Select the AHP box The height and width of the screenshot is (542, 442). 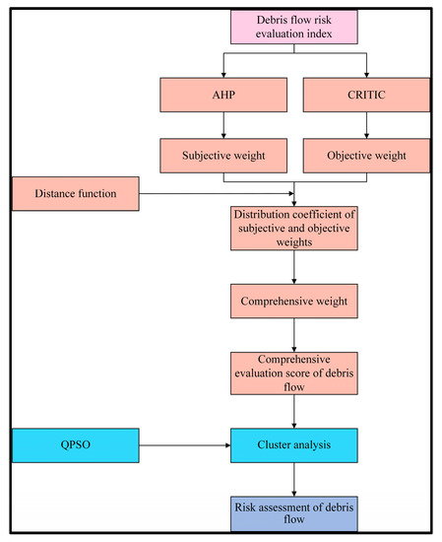pyautogui.click(x=225, y=96)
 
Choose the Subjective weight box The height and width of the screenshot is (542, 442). pyautogui.click(x=225, y=155)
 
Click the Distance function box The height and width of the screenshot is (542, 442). pyautogui.click(x=74, y=193)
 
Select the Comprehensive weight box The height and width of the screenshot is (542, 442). pyautogui.click(x=294, y=297)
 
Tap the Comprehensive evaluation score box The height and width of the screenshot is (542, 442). pyautogui.click(x=294, y=372)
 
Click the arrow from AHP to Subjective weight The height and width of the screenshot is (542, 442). pyautogui.click(x=225, y=125)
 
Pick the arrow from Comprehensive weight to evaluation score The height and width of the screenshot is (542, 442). pyautogui.click(x=294, y=332)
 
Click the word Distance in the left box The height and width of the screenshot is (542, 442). pyautogui.click(x=55, y=193)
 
